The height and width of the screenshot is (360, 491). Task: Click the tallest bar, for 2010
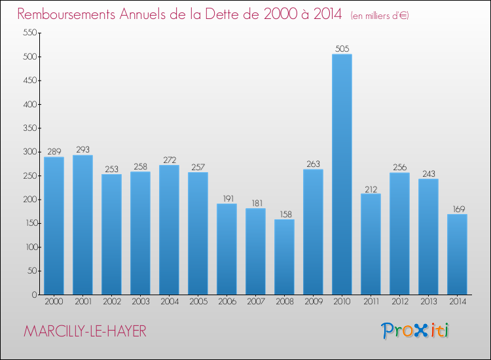tap(342, 174)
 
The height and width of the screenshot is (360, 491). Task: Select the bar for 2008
tap(284, 257)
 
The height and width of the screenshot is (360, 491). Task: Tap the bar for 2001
tap(82, 225)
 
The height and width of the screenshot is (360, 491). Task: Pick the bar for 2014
tap(457, 254)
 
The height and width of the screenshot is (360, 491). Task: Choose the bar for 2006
tap(227, 249)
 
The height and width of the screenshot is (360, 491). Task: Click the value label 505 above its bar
tap(342, 48)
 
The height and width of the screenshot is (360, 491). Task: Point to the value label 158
tap(284, 213)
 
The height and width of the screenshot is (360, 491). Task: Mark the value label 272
tap(169, 160)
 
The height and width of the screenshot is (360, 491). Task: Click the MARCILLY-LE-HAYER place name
tap(85, 331)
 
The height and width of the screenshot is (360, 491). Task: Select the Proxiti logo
tap(416, 331)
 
